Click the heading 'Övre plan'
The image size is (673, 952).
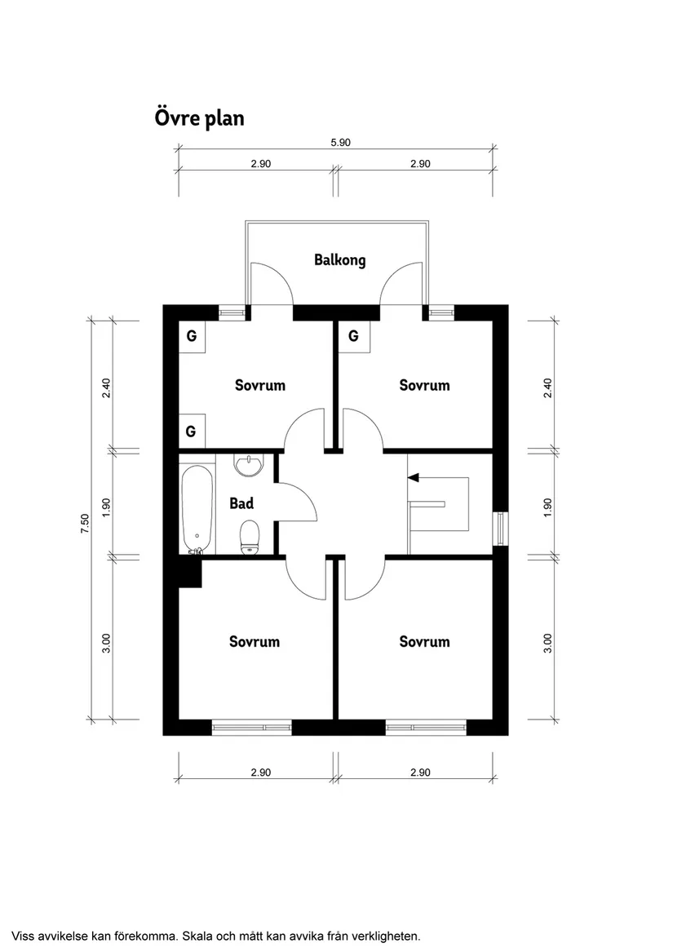199,118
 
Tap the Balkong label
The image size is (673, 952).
339,260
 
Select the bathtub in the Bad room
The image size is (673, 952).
197,508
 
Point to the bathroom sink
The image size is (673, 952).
248,466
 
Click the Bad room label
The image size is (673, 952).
241,503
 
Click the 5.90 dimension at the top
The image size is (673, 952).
340,142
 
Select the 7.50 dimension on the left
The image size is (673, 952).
84,523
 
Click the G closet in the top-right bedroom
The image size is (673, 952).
353,335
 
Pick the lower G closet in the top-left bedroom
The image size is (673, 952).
191,431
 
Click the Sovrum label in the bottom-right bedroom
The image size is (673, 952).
424,642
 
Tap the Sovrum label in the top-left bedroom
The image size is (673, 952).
260,385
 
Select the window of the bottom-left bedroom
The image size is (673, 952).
251,725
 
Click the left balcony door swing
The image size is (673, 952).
272,282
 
